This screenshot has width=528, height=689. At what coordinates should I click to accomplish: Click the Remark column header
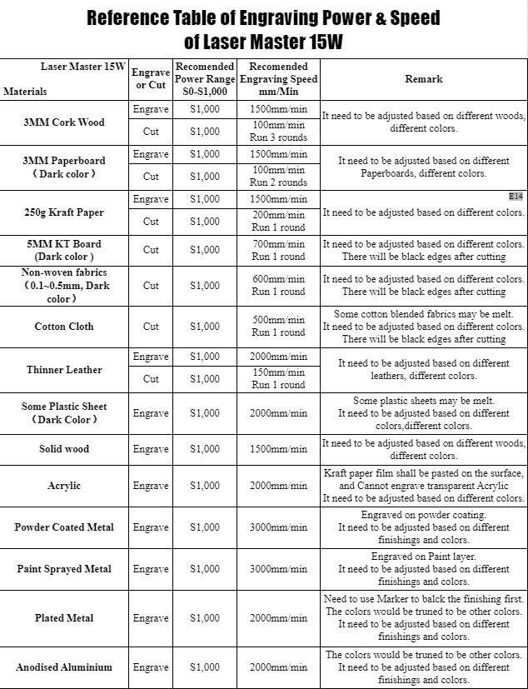[423, 79]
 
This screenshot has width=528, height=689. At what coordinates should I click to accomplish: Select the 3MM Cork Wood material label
[64, 122]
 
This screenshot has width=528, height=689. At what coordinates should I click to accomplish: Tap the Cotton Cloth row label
[64, 327]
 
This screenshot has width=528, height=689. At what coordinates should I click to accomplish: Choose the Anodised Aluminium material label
[64, 667]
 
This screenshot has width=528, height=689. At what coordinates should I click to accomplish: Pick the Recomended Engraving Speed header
[279, 79]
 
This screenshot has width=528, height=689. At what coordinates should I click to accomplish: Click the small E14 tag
[516, 197]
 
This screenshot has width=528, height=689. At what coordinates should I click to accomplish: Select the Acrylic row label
[64, 486]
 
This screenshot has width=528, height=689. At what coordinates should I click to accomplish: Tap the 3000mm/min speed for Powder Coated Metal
[279, 527]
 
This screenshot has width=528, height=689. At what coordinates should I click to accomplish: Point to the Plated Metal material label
[64, 618]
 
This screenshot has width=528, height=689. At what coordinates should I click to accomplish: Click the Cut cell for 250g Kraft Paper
[151, 222]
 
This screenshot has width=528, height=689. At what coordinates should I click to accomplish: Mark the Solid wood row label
[64, 449]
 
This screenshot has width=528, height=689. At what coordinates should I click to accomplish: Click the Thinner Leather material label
[64, 370]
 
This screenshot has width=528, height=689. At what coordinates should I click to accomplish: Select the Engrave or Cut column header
[151, 79]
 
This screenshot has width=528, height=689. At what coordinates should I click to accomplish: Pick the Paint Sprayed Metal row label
[64, 569]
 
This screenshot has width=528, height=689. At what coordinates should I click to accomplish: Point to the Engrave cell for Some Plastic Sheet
[151, 413]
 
